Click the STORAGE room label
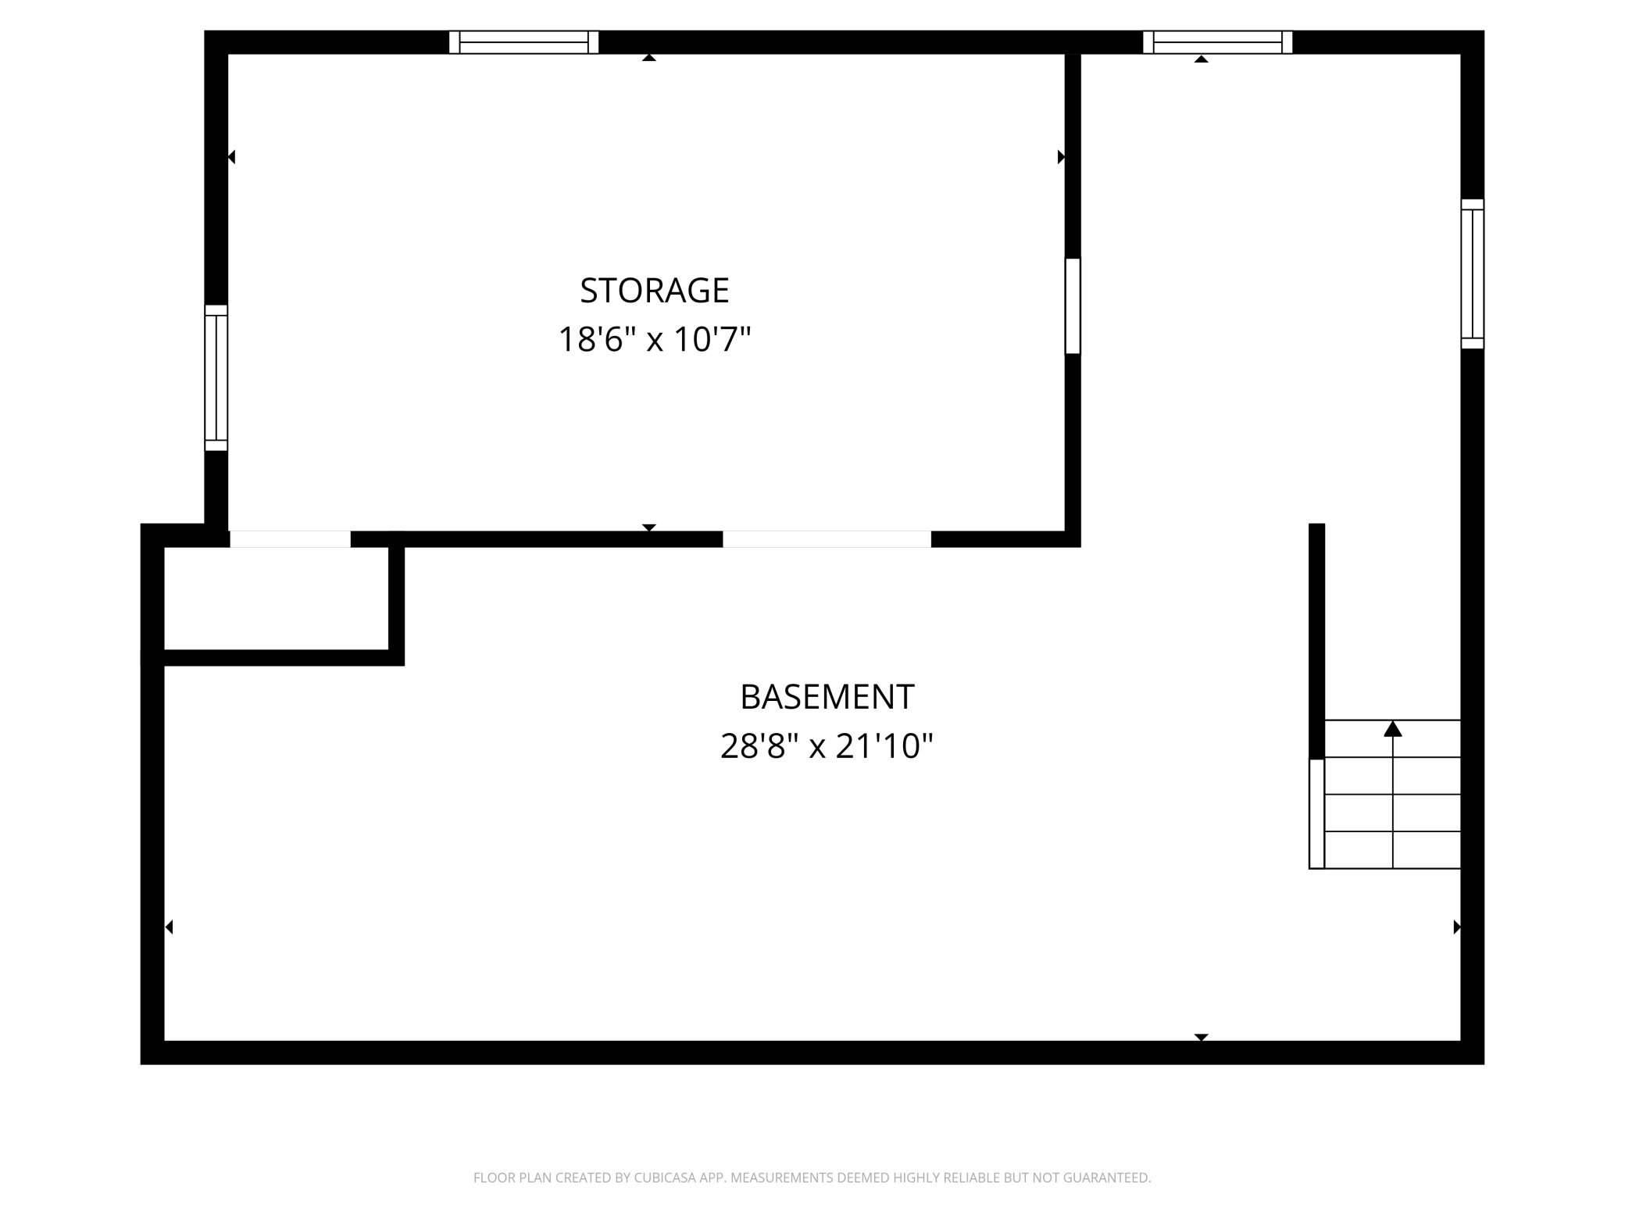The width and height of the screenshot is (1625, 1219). click(654, 291)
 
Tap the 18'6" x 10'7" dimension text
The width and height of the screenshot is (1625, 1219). click(654, 340)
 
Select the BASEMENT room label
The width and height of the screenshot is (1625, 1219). click(827, 697)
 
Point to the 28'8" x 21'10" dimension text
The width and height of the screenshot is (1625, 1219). click(827, 746)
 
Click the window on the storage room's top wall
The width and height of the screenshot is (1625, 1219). click(523, 42)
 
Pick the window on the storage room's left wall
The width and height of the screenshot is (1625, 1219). click(216, 377)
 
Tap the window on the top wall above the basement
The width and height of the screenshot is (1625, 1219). click(1217, 42)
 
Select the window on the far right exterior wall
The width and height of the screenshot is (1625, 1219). click(1472, 273)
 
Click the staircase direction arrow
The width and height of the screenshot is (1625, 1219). click(1392, 729)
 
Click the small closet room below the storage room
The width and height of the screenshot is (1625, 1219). click(276, 598)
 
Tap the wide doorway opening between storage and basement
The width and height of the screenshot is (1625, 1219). click(827, 539)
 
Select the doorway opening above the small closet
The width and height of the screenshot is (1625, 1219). click(290, 539)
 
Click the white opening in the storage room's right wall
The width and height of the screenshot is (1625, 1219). click(1073, 306)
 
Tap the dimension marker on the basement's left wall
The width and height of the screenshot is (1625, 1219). click(169, 927)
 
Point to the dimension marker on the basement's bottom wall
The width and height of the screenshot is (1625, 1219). click(1201, 1037)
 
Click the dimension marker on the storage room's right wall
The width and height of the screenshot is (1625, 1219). click(1061, 157)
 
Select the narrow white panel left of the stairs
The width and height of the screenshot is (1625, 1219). click(1316, 813)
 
